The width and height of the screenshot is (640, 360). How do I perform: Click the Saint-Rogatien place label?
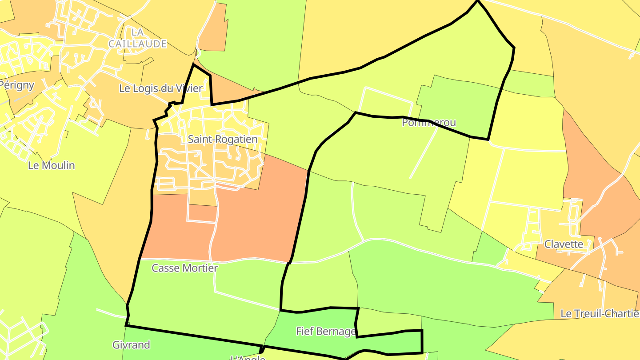pos(222,140)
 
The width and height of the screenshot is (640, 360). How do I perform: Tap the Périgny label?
pos(17,85)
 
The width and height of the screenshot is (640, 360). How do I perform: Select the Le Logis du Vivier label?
pos(160,88)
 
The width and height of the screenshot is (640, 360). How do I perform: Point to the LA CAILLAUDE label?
pos(138,38)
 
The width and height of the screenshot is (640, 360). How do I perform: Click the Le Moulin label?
pos(51,165)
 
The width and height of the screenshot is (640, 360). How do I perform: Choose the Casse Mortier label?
pos(184,268)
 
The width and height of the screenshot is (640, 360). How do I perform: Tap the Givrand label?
pos(131,344)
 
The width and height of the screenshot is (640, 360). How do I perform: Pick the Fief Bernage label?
pos(326,331)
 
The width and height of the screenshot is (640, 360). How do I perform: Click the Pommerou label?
pos(429,123)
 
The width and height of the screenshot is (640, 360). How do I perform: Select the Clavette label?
pos(564,244)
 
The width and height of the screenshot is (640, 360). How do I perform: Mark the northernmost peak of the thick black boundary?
pos(478,1)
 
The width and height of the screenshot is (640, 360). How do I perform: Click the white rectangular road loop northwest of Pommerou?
pos(386,100)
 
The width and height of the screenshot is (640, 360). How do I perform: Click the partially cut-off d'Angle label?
pos(247,357)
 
